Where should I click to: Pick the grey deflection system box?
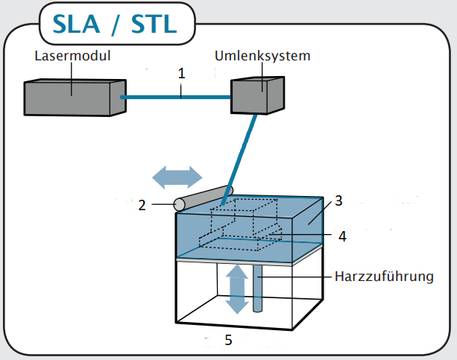click(257, 94)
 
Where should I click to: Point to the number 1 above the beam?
click(181, 74)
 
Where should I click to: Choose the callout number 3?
click(338, 199)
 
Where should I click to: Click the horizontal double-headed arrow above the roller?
click(177, 177)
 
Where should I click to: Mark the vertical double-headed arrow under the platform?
click(237, 290)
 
